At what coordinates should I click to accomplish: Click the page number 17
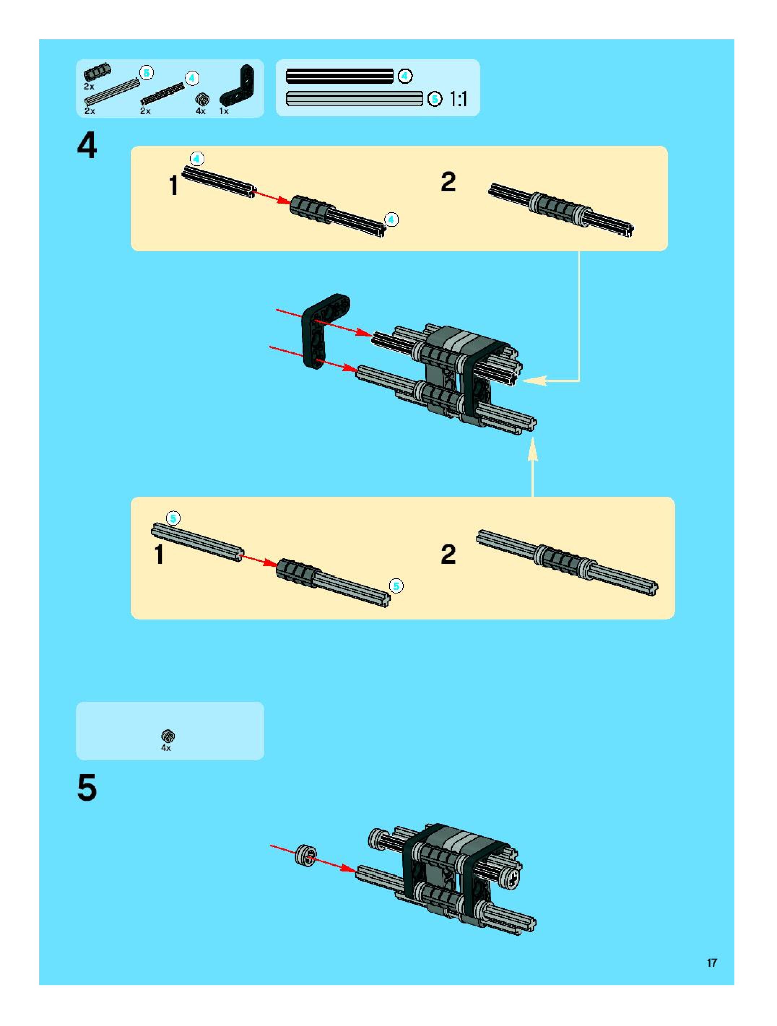coord(712,962)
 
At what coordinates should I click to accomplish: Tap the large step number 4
coord(87,145)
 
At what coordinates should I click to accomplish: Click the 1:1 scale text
coord(458,99)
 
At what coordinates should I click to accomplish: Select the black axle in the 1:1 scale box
coord(339,76)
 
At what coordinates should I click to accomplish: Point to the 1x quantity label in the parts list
coord(224,111)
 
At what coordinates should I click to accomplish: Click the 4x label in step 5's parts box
coord(166,748)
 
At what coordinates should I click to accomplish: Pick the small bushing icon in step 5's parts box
coord(168,736)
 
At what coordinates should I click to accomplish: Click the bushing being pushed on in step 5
coord(306,855)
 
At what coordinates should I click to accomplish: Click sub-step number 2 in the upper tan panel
coord(448,182)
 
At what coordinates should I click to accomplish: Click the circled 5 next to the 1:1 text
coord(435,99)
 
